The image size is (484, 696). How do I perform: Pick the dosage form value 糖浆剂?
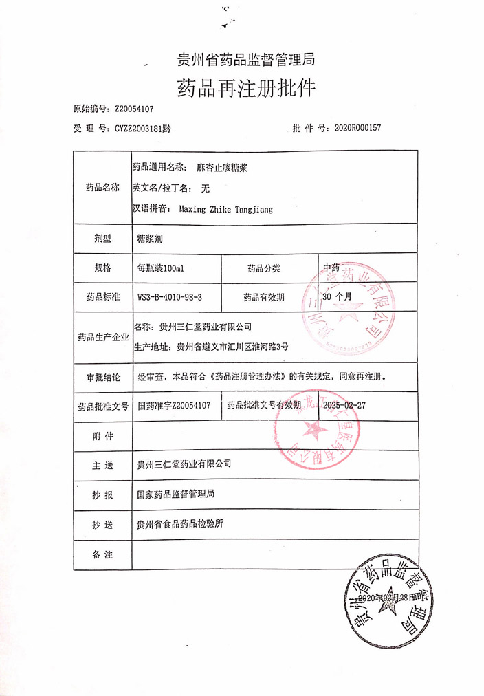149,240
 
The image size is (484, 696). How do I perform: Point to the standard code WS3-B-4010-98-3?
170,296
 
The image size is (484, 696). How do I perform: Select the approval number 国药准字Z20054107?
174,405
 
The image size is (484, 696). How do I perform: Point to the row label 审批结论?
102,377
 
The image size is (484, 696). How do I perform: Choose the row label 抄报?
102,494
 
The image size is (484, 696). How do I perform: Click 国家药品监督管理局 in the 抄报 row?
177,494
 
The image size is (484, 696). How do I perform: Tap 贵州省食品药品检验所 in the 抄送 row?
180,523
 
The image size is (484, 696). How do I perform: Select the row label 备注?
102,554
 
